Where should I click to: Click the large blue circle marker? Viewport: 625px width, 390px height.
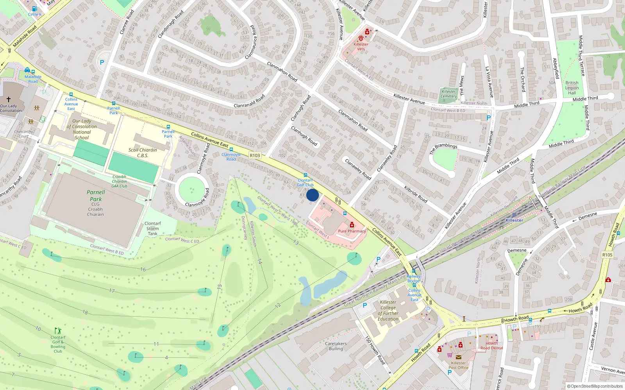point(312,195)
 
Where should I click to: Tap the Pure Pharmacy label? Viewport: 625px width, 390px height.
point(352,231)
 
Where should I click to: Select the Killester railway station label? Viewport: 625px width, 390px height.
point(514,220)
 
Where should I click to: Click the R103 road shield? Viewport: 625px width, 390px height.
point(255,155)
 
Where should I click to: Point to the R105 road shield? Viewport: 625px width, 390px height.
point(607,255)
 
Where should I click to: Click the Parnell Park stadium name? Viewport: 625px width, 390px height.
point(96,195)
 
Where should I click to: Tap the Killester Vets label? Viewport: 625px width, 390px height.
point(361,46)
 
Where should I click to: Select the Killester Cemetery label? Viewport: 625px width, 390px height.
point(448,94)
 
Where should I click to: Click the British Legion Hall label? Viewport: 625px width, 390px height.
point(572,88)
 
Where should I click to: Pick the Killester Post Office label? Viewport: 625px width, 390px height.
point(458,365)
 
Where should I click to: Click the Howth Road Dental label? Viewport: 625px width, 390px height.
point(491,346)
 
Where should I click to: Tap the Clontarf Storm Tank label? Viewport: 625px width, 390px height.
point(152,229)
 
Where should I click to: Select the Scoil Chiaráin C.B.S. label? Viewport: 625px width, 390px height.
point(143,152)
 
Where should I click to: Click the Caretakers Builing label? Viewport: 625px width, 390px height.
point(336,346)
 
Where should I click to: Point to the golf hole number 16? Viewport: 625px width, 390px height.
point(143,269)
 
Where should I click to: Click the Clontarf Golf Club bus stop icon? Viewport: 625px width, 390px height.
point(305,175)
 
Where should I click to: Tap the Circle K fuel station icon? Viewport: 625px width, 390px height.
point(34,9)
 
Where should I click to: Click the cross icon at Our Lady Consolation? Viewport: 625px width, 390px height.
point(9,99)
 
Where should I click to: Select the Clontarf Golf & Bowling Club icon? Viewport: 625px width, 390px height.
point(58,331)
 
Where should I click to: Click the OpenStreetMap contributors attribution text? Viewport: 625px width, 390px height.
point(596,386)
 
